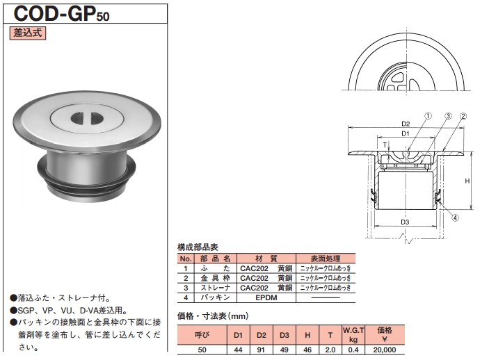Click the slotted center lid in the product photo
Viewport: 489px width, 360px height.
pos(83,116)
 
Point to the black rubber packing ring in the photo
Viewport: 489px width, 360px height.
pos(86,184)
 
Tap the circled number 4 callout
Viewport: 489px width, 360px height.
pos(454,217)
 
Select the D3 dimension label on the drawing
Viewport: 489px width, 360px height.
pos(405,223)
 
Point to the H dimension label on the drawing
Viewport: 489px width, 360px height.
pos(467,181)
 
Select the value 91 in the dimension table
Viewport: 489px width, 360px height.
pos(261,350)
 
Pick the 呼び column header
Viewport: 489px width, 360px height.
pos(202,334)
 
